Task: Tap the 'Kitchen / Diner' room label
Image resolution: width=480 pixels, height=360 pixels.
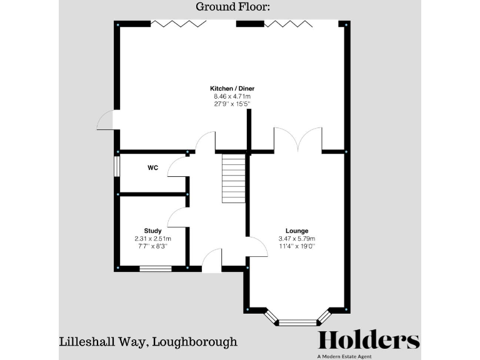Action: [x=232, y=88]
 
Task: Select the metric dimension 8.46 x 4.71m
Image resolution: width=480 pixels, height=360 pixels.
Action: [x=232, y=96]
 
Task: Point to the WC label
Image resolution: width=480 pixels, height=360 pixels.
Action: [x=152, y=167]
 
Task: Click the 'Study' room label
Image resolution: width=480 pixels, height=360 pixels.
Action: [x=152, y=231]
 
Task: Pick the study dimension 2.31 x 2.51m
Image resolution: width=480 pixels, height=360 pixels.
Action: [x=152, y=239]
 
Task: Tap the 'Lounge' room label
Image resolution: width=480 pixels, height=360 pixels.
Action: [x=297, y=231]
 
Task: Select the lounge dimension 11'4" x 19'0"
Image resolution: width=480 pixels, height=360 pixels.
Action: [x=297, y=246]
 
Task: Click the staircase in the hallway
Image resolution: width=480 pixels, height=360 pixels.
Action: [x=233, y=178]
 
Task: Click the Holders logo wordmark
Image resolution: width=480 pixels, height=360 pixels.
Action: [x=368, y=340]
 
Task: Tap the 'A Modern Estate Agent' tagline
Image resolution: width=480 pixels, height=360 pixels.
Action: [x=368, y=356]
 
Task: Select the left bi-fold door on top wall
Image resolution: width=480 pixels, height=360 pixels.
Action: [x=178, y=24]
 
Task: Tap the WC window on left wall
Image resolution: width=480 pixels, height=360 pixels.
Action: [x=116, y=167]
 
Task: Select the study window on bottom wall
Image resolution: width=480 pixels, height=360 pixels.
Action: [x=155, y=269]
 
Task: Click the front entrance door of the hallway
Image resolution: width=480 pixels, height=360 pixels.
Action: [x=212, y=261]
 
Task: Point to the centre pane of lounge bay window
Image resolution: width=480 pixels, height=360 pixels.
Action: [x=297, y=323]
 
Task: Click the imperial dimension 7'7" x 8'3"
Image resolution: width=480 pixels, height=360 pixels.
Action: [x=152, y=246]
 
